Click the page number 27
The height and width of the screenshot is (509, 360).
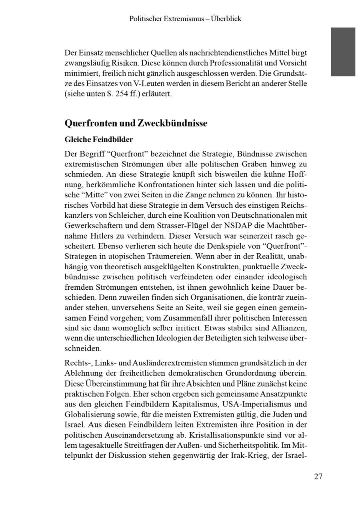tap(318, 476)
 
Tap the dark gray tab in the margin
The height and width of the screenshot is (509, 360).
tap(343, 52)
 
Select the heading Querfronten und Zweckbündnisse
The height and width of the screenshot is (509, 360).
tap(136, 123)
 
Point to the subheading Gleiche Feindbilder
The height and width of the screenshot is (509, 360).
tap(99, 140)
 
